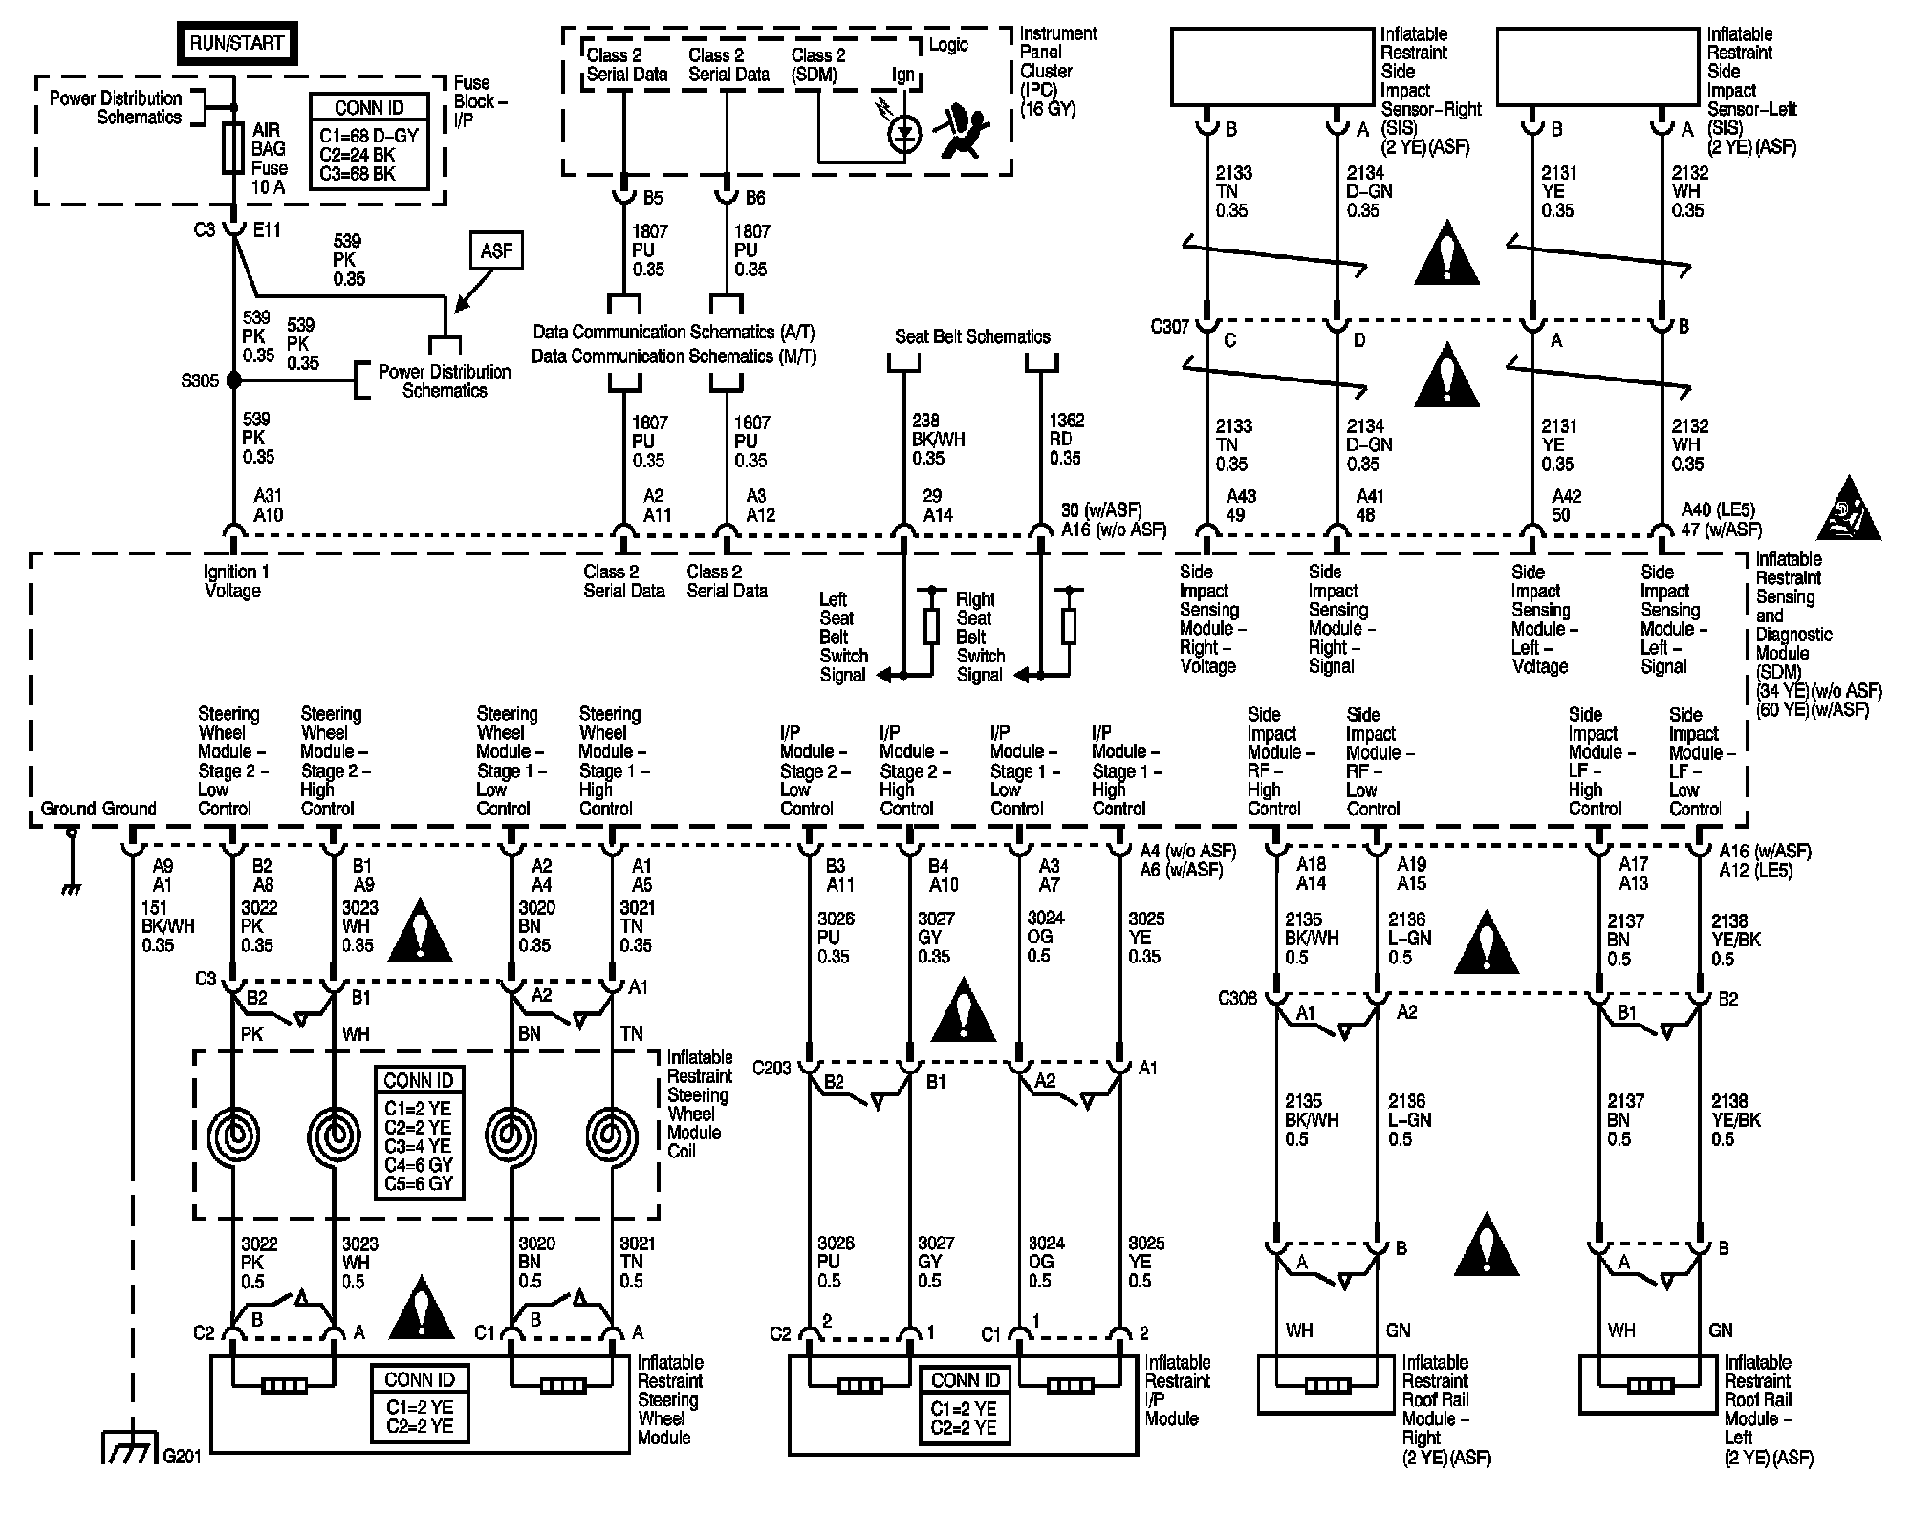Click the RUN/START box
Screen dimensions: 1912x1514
237,43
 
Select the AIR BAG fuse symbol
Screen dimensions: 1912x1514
232,148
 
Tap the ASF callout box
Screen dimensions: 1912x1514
496,250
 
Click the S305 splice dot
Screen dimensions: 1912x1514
233,380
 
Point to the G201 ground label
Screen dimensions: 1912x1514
182,1457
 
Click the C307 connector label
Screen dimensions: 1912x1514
1169,327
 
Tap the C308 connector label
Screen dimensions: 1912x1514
1237,999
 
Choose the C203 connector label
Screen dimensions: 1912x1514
771,1068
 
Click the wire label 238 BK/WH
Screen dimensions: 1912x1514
939,439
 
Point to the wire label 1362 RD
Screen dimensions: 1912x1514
1066,439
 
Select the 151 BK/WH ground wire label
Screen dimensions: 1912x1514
168,926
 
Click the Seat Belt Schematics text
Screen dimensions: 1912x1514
972,336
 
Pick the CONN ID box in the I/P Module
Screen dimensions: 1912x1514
966,1405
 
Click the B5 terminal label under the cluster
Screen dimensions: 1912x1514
654,198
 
